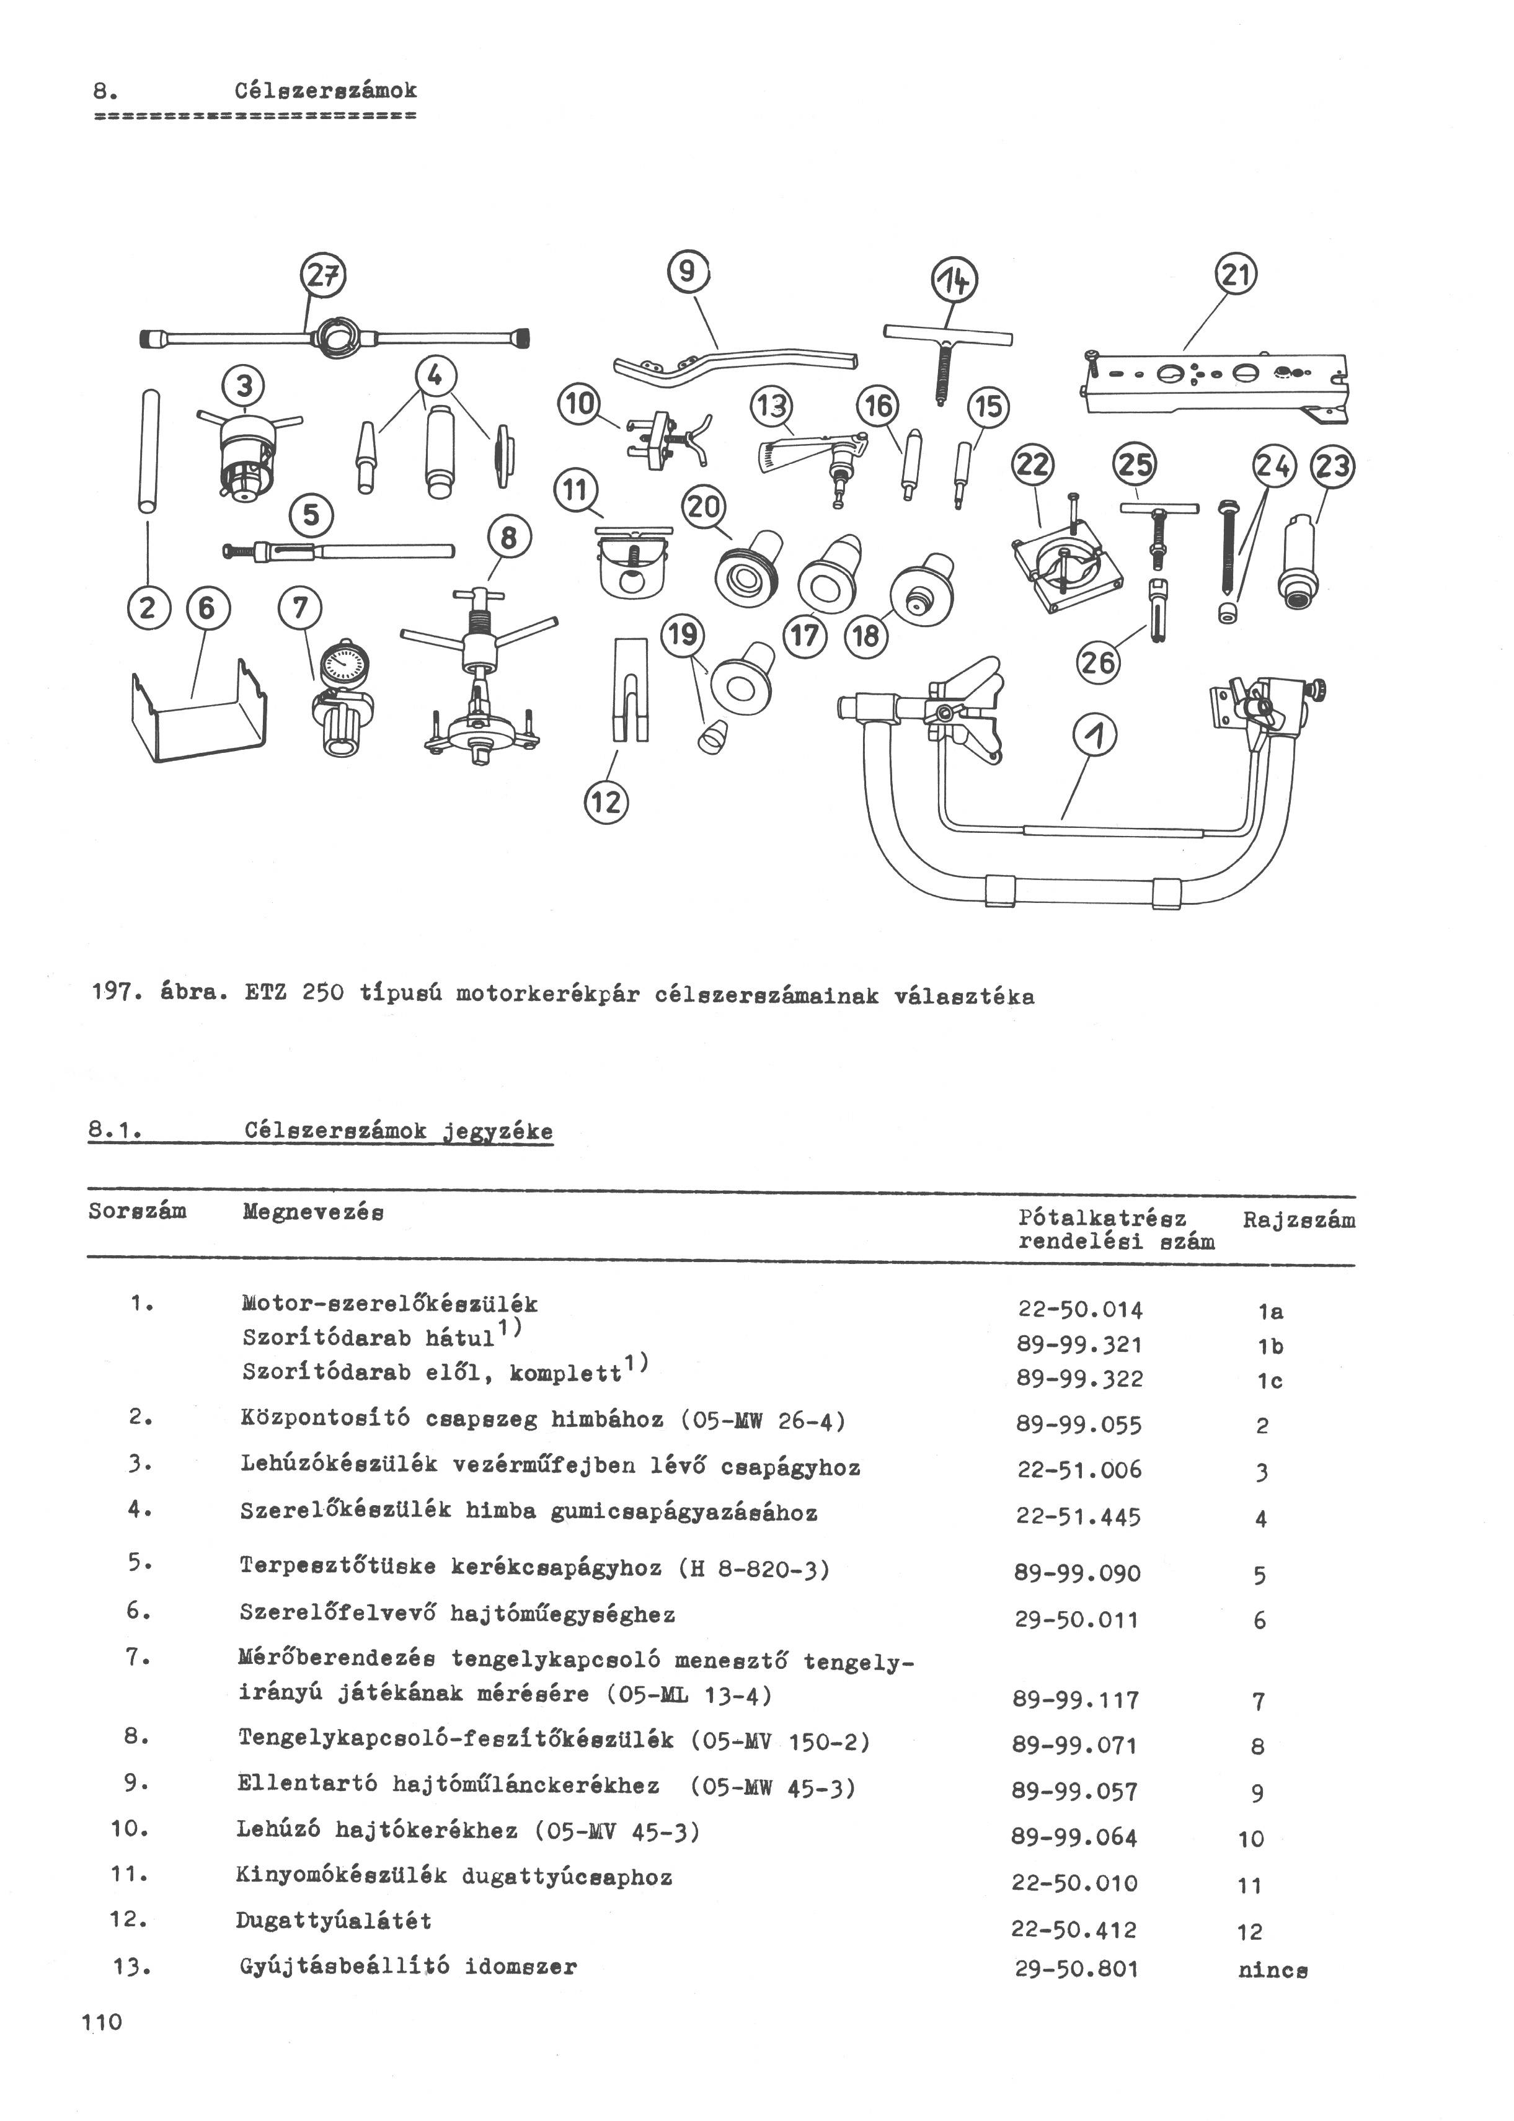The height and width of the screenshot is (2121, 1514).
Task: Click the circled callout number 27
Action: [322, 276]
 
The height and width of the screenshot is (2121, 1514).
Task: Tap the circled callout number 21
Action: [1236, 276]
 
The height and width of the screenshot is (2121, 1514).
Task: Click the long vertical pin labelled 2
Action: [148, 450]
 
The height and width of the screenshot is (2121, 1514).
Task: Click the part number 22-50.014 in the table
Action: [1079, 1310]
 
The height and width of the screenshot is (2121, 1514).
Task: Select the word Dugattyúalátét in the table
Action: [333, 1921]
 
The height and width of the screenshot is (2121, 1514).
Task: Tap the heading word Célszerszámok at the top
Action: [325, 91]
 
